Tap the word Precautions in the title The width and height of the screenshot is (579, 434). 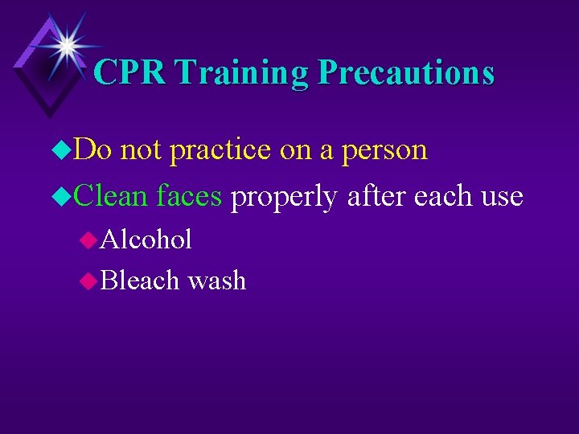click(x=406, y=72)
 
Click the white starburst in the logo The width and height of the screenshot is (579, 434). click(x=67, y=45)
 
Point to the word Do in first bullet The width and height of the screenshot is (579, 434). click(x=96, y=149)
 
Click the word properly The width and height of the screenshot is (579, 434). click(x=283, y=197)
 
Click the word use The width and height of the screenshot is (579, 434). click(x=504, y=197)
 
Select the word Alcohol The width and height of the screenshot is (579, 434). click(x=146, y=240)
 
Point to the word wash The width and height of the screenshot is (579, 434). click(x=216, y=280)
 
